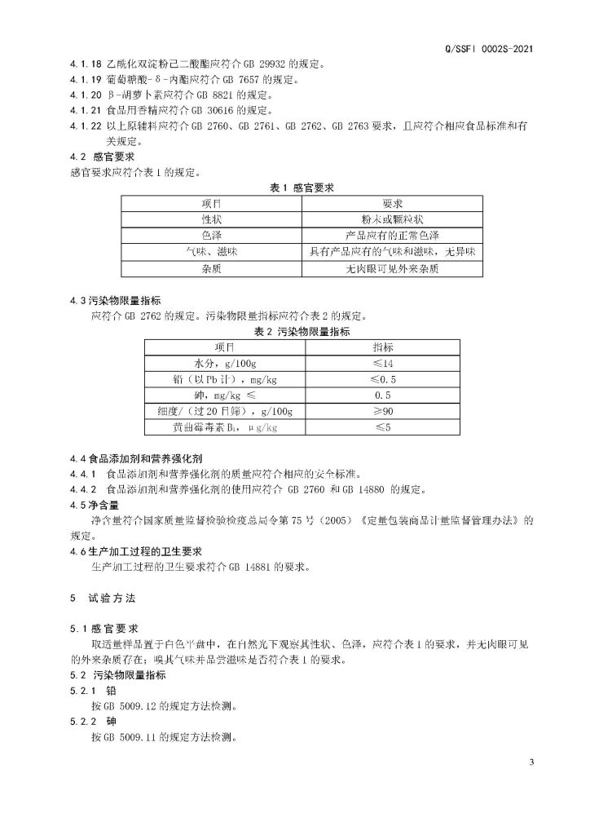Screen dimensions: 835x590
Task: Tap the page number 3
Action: click(531, 762)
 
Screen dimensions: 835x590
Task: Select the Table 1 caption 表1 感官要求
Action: click(302, 188)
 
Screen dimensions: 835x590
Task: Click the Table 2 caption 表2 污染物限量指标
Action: click(302, 332)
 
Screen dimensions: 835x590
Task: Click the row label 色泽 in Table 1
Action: click(212, 235)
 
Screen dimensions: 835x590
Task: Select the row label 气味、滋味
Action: click(212, 251)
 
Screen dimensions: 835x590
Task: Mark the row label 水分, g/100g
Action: click(225, 363)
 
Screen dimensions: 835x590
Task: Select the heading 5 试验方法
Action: click(103, 598)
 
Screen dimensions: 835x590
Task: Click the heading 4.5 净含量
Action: click(93, 504)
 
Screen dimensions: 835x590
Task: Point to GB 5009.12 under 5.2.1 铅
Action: click(122, 706)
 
